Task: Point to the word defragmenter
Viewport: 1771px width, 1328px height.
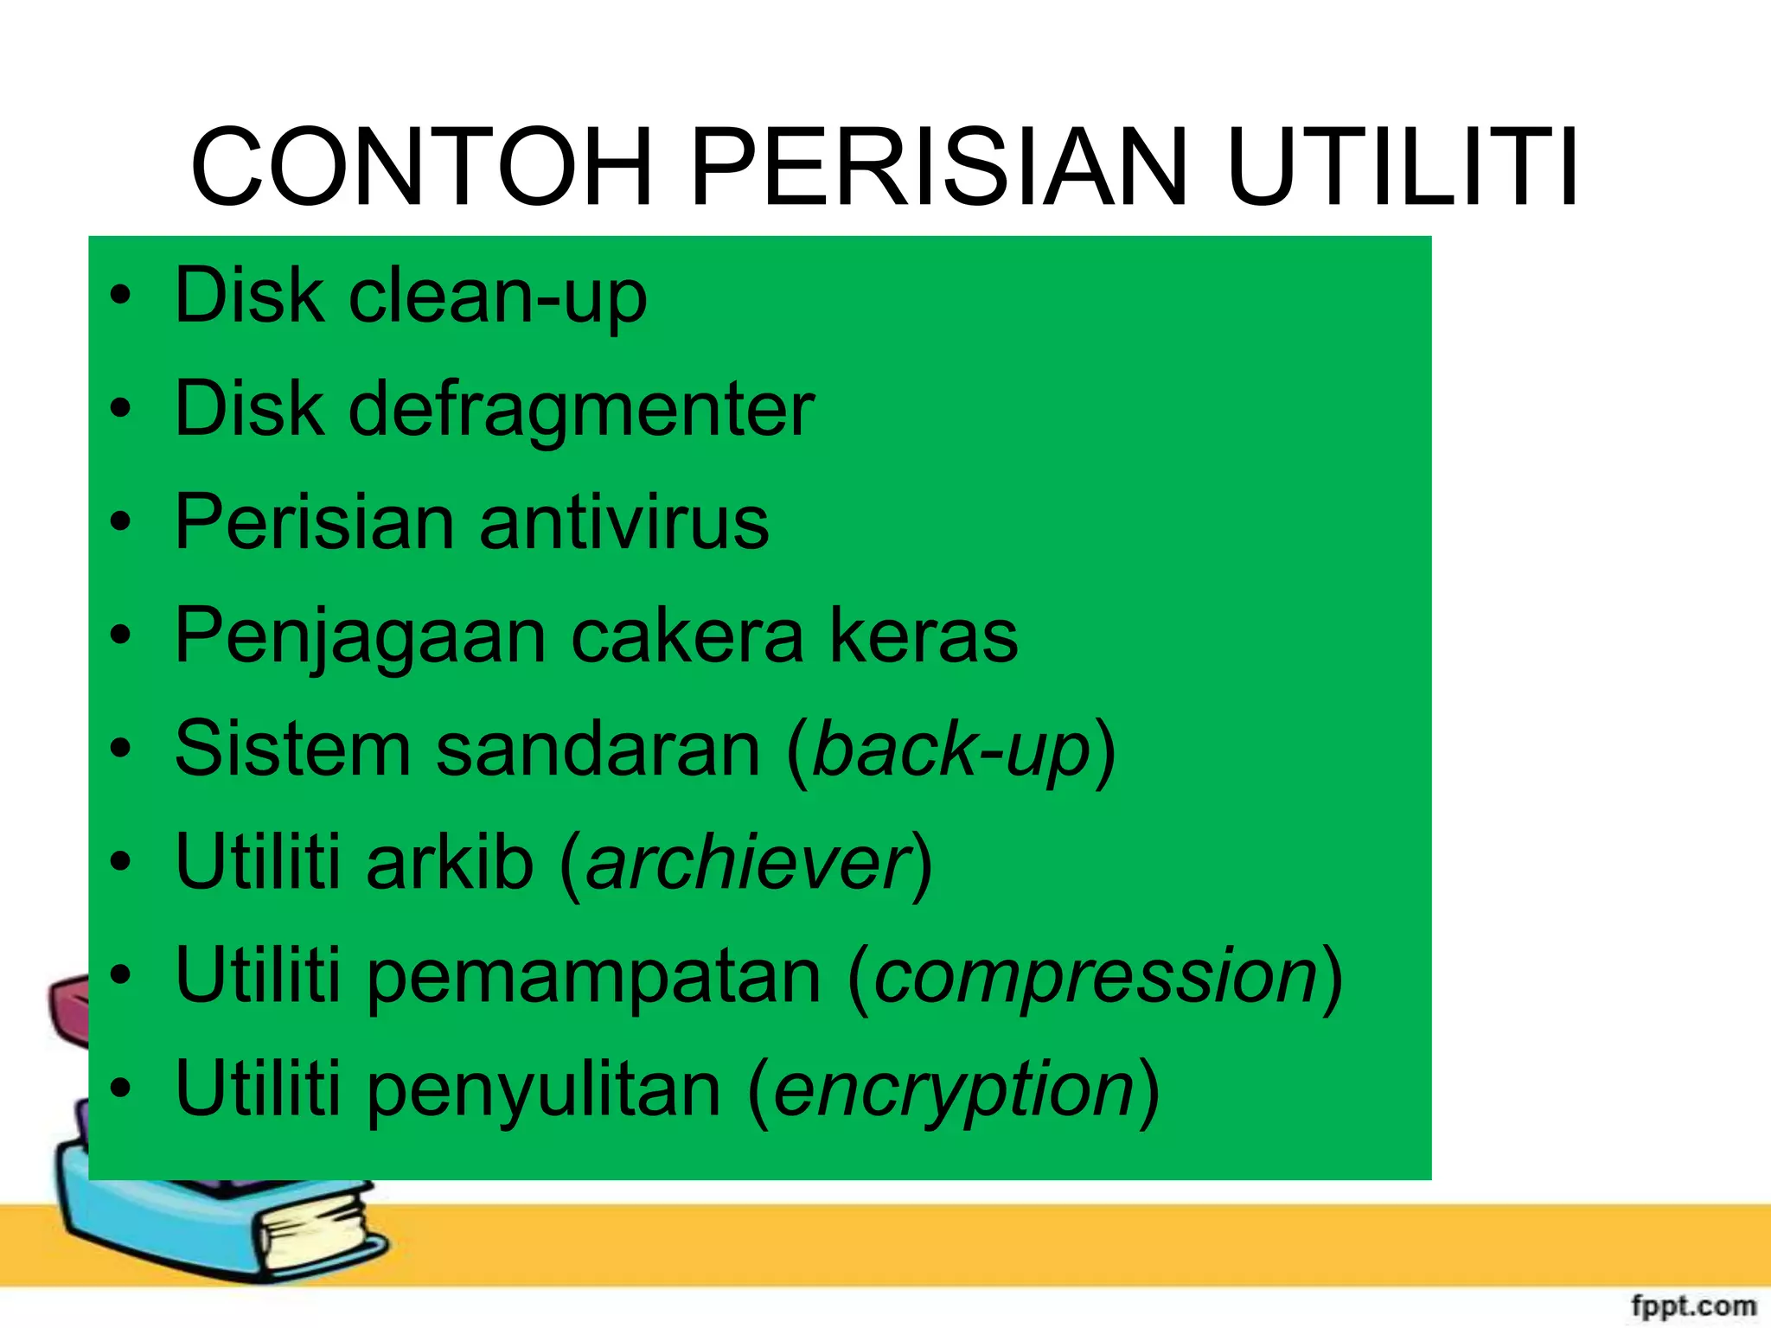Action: tap(581, 410)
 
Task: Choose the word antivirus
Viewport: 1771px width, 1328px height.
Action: tap(623, 523)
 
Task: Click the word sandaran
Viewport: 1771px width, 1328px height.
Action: tap(598, 750)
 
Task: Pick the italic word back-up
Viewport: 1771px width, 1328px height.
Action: tap(951, 750)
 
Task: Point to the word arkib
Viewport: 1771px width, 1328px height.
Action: tap(450, 863)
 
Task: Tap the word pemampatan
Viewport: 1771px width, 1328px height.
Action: tap(594, 977)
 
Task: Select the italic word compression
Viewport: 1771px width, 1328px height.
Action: tap(1096, 977)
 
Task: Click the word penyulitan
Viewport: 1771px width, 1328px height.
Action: tap(545, 1090)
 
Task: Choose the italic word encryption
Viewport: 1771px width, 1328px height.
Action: tap(954, 1090)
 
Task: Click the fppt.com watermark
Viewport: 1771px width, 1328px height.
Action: tap(1693, 1305)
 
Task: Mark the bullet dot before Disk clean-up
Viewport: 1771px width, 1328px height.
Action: tap(121, 295)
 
